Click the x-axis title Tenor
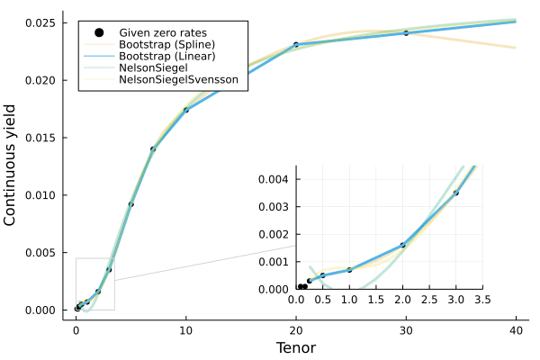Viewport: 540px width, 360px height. tap(295, 347)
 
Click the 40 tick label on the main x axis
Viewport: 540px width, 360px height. tap(517, 330)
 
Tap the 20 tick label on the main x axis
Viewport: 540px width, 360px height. tap(296, 330)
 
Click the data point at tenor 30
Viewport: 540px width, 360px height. tap(406, 33)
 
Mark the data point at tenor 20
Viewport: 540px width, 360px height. tap(296, 44)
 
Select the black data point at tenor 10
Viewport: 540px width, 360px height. tap(186, 110)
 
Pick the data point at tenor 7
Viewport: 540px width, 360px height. tap(153, 148)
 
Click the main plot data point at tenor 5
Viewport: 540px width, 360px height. tap(130, 204)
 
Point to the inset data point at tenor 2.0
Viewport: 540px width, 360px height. tap(402, 245)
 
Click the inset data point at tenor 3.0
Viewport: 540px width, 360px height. tap(456, 193)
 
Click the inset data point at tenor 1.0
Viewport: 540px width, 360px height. tap(349, 270)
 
